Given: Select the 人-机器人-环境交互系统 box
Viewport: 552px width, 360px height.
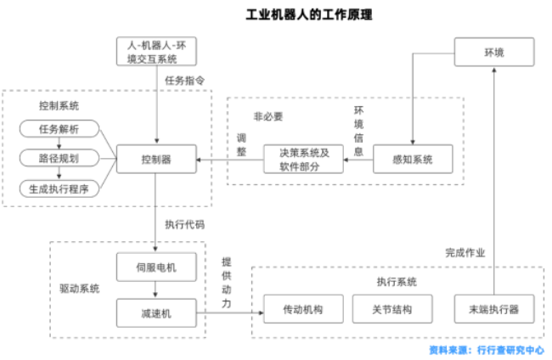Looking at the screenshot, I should pos(156,52).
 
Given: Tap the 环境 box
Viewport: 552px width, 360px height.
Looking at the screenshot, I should pos(493,53).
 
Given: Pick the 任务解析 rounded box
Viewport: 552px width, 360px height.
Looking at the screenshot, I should pos(59,129).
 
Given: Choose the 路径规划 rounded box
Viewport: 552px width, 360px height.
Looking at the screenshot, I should pos(59,159).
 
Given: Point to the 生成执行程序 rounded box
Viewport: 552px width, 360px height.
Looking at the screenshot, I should pos(59,188).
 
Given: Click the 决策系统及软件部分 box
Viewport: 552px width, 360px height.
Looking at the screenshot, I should pos(303,159).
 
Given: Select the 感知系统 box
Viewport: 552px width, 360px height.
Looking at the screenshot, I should pos(413,159).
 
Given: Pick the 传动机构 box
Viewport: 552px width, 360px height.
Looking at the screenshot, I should pos(303,309).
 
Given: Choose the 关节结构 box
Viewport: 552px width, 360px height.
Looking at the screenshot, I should pos(392,309).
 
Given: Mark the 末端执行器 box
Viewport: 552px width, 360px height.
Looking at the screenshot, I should pos(493,309).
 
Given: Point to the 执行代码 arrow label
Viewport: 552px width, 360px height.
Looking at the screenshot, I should pos(184,225).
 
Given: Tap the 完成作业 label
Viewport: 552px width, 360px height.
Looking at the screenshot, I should pos(465,252).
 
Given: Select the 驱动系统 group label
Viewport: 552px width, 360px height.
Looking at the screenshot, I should pos(79,289).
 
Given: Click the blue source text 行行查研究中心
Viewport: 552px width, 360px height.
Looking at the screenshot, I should pos(510,349).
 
